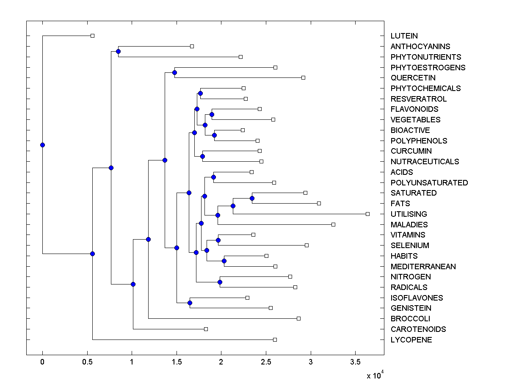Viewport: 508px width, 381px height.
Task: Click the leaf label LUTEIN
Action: tap(404, 36)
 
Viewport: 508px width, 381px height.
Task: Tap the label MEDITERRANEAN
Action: tap(423, 267)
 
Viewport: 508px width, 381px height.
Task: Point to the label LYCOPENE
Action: tap(411, 340)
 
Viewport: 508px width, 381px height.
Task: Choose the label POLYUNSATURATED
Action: tap(429, 183)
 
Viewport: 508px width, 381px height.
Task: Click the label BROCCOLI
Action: tap(410, 319)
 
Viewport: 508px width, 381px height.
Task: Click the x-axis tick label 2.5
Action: tap(266, 362)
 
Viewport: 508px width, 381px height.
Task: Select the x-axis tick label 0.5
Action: tap(87, 362)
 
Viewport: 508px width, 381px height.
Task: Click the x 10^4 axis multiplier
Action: tap(375, 375)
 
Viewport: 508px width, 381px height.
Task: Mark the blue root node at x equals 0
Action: tap(42, 145)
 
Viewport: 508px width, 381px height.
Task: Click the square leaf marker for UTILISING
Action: tap(367, 214)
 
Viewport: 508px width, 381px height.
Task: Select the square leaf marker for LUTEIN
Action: tap(93, 36)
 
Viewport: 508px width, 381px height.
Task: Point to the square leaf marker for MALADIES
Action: tap(333, 224)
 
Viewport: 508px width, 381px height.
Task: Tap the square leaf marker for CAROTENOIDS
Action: tap(206, 329)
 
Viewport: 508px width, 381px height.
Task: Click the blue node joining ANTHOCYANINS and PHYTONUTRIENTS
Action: tap(118, 51)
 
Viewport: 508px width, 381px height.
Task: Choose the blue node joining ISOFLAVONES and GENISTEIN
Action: tap(190, 303)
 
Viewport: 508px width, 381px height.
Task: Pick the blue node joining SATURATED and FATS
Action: tap(252, 198)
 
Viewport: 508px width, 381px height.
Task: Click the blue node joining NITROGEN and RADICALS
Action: tap(220, 282)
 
